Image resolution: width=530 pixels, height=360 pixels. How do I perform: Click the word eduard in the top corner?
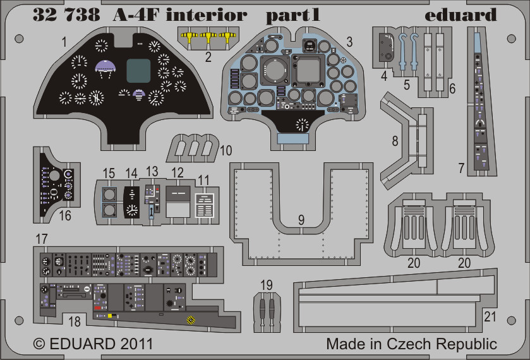[x=461, y=15]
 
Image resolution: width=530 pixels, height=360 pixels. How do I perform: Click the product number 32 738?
[x=66, y=15]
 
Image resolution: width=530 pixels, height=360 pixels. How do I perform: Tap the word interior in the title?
[x=207, y=15]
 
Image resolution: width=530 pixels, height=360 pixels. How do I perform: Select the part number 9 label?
[x=301, y=220]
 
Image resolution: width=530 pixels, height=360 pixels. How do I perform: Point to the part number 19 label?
[x=267, y=285]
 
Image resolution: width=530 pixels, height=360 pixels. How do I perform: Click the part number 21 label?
[x=490, y=316]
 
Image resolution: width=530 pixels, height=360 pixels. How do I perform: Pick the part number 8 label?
[x=395, y=141]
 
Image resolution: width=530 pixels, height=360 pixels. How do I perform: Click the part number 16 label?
[x=65, y=215]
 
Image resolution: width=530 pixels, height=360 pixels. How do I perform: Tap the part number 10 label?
[x=226, y=150]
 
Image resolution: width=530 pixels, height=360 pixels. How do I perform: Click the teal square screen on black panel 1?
[x=138, y=71]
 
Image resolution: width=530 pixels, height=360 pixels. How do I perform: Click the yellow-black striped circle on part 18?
[x=191, y=320]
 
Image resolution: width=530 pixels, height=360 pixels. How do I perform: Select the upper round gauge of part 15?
[x=109, y=195]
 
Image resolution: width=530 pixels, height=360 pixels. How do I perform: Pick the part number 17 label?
[x=42, y=239]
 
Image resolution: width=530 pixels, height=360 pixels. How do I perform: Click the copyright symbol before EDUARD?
[x=39, y=344]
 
